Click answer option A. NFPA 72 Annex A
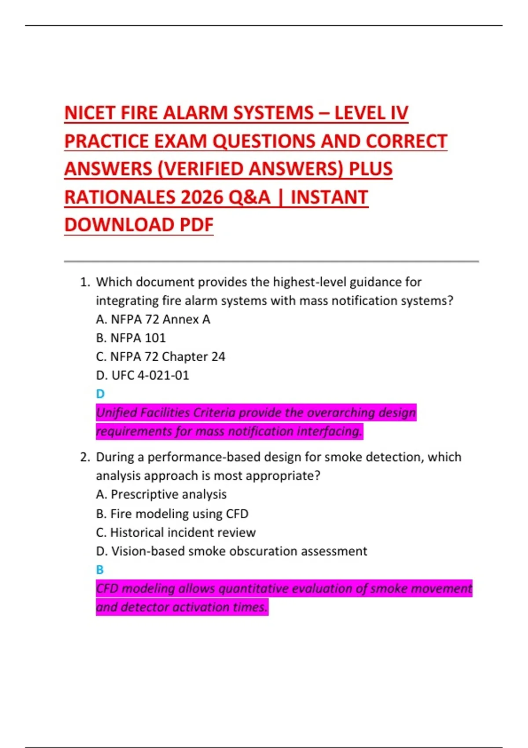tap(153, 319)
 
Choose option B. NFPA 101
tap(131, 338)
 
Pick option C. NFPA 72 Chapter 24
tap(160, 356)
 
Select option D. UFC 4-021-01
tap(142, 375)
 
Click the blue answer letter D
tap(100, 394)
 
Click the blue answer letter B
tap(100, 570)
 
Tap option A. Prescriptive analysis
tap(161, 495)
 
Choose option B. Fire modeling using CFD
tap(172, 513)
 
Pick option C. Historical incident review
tap(176, 532)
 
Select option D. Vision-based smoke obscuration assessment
tap(231, 551)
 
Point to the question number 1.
tap(84, 282)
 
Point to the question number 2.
tap(84, 457)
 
